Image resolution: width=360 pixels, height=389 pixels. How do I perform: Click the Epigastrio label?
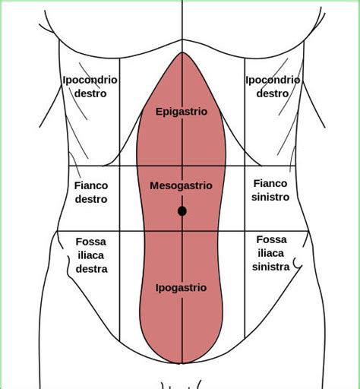tap(182, 112)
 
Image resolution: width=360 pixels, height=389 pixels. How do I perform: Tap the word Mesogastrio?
tap(181, 185)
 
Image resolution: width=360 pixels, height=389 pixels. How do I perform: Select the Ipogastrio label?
tap(181, 288)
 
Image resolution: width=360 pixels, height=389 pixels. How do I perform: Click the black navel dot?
tap(182, 211)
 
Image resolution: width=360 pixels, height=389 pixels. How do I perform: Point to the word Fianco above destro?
tap(91, 185)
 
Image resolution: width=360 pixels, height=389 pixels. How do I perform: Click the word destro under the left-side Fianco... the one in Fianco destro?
tap(91, 199)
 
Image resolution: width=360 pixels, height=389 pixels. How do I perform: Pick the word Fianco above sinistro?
tap(270, 183)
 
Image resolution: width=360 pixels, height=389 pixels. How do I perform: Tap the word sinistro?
tap(270, 197)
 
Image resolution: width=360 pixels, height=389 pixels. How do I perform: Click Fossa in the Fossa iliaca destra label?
tap(91, 242)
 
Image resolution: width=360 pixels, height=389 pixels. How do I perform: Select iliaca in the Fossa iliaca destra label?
tap(91, 255)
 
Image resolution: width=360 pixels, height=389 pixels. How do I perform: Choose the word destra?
tap(92, 269)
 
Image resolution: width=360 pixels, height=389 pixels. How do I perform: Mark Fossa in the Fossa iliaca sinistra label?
tap(271, 239)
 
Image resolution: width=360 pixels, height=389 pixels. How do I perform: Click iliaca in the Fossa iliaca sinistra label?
tap(271, 253)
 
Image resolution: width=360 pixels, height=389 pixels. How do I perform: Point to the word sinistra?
tap(271, 267)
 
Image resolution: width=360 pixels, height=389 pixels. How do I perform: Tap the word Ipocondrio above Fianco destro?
tap(90, 80)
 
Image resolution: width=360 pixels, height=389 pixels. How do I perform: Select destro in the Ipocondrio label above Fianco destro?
tap(90, 93)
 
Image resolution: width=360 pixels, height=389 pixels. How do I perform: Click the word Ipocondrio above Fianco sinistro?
tap(273, 80)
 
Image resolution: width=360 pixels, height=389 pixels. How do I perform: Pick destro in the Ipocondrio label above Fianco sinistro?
tap(273, 93)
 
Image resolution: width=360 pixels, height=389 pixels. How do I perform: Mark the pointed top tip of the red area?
tap(182, 52)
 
